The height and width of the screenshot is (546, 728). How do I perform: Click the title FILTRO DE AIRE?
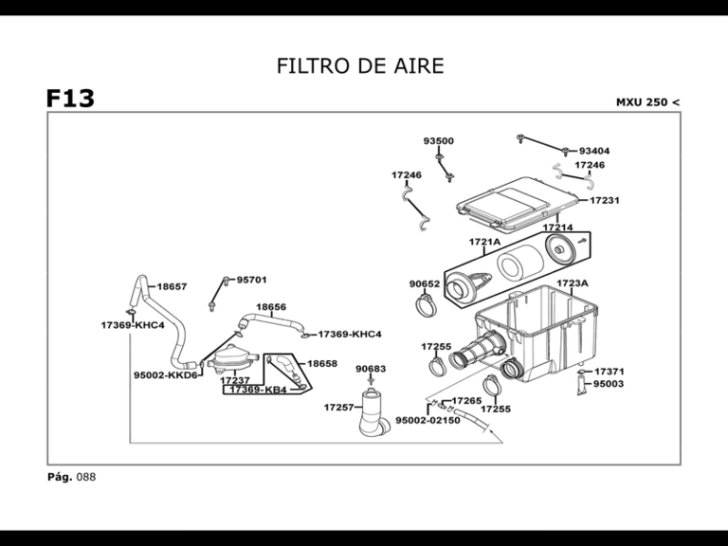click(x=360, y=65)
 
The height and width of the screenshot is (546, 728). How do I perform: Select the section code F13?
click(x=70, y=99)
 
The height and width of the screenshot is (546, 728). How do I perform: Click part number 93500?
click(x=438, y=141)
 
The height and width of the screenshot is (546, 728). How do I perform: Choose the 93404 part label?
click(x=593, y=151)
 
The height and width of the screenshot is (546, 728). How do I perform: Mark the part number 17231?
click(x=605, y=201)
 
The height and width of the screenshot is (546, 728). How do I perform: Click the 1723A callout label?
click(x=572, y=283)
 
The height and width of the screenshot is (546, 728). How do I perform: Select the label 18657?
click(x=172, y=286)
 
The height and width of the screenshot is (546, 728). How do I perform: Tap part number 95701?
click(x=251, y=280)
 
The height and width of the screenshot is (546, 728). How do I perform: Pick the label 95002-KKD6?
click(x=165, y=374)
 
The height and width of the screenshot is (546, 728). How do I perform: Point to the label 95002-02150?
click(x=428, y=420)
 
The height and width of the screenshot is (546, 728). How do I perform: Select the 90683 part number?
click(x=371, y=369)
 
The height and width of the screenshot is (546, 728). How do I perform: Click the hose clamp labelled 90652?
click(x=428, y=305)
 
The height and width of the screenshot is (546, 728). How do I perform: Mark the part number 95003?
click(x=608, y=385)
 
